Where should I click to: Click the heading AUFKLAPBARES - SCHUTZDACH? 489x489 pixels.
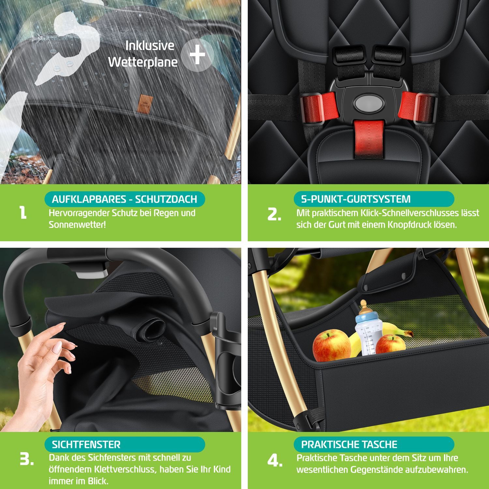[x=124, y=199]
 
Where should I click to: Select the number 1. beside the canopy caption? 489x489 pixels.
[x=23, y=213]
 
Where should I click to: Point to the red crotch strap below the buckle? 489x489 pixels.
[x=369, y=139]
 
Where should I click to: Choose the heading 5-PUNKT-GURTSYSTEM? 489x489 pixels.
[x=356, y=199]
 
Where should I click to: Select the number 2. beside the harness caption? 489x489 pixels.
[x=274, y=215]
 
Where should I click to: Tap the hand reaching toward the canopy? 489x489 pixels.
[x=42, y=368]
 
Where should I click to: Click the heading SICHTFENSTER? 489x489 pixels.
[x=86, y=445]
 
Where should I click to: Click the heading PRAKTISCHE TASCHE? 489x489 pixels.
[x=349, y=445]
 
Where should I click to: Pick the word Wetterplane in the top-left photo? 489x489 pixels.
[x=143, y=62]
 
